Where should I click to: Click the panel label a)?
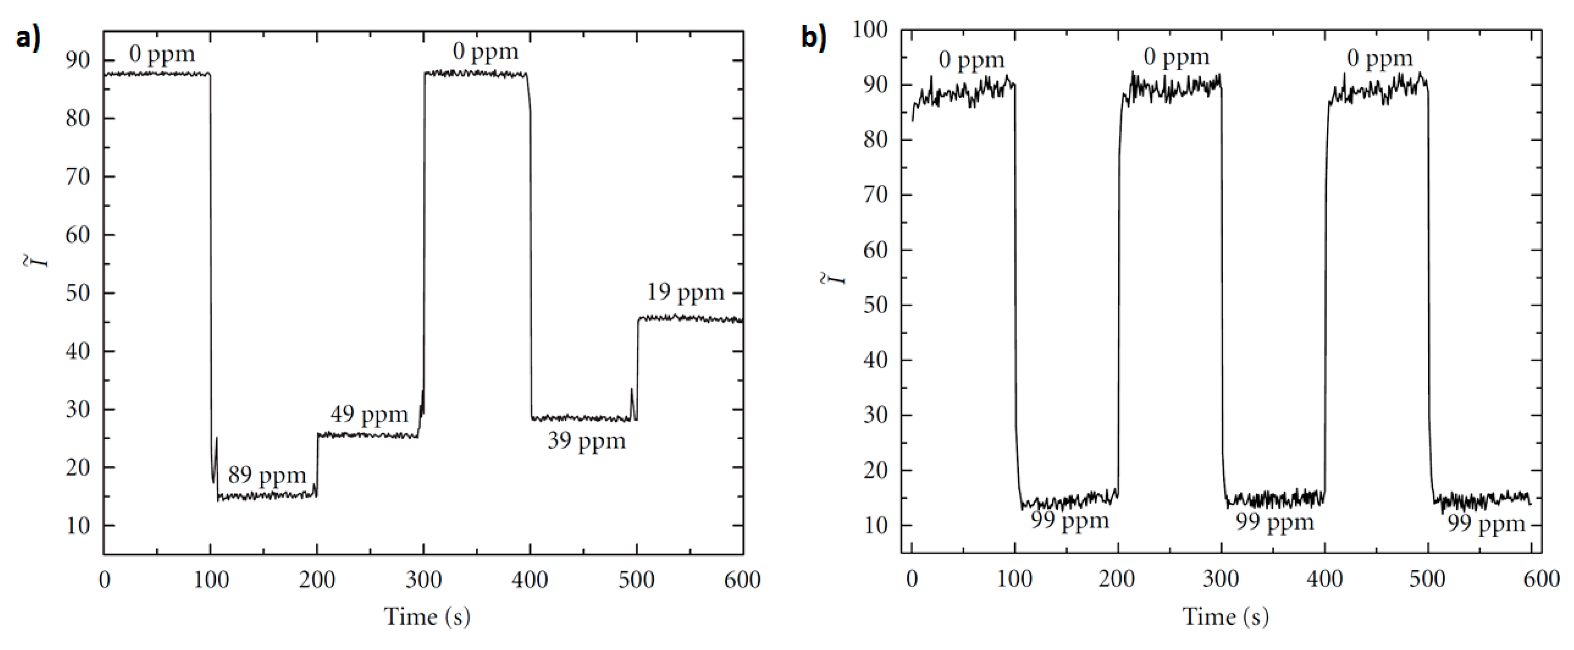pyautogui.click(x=28, y=38)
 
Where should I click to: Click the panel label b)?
pyautogui.click(x=814, y=38)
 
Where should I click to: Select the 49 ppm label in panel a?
pyautogui.click(x=369, y=414)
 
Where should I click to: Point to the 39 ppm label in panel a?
pyautogui.click(x=587, y=440)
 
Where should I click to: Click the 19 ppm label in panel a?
pyautogui.click(x=686, y=292)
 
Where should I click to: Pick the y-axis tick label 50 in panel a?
pyautogui.click(x=78, y=293)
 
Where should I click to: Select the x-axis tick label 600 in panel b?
pyautogui.click(x=1542, y=578)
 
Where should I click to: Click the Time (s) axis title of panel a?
pyautogui.click(x=427, y=616)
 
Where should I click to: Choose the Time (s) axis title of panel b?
pyautogui.click(x=1226, y=616)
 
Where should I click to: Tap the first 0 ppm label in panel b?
pyautogui.click(x=972, y=60)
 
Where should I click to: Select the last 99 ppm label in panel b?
pyautogui.click(x=1486, y=524)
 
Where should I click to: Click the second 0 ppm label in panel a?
pyautogui.click(x=486, y=51)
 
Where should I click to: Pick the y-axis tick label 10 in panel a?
pyautogui.click(x=78, y=526)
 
